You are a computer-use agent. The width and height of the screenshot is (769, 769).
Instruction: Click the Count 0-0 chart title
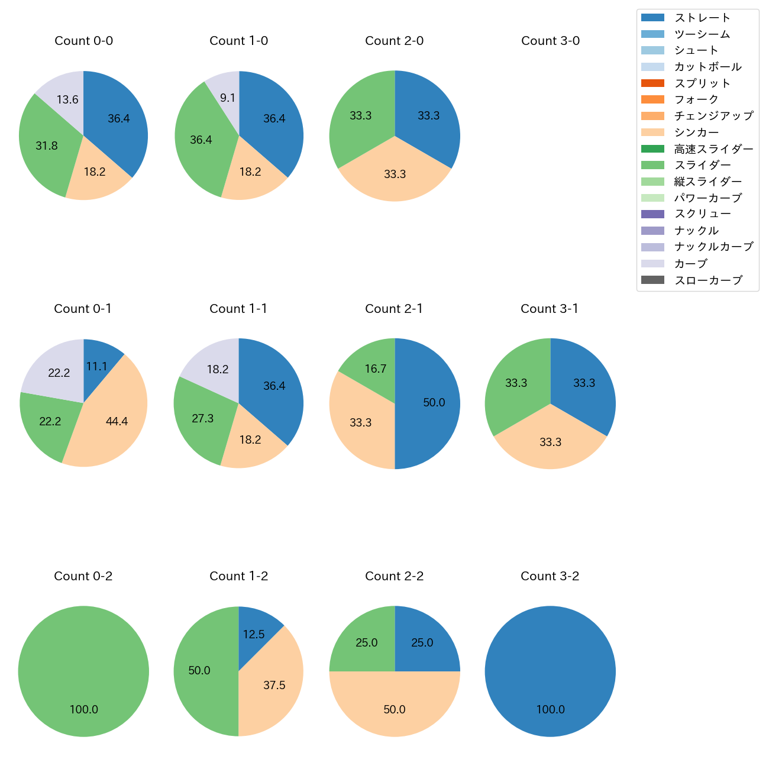coord(83,41)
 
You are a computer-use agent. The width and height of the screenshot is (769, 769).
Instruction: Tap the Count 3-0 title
coord(550,41)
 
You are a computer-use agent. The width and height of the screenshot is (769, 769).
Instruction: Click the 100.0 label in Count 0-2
coord(84,709)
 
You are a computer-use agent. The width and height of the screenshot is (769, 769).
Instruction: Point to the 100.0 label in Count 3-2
coord(550,709)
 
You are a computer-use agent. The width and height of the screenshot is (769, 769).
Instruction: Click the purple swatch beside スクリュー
coord(652,214)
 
